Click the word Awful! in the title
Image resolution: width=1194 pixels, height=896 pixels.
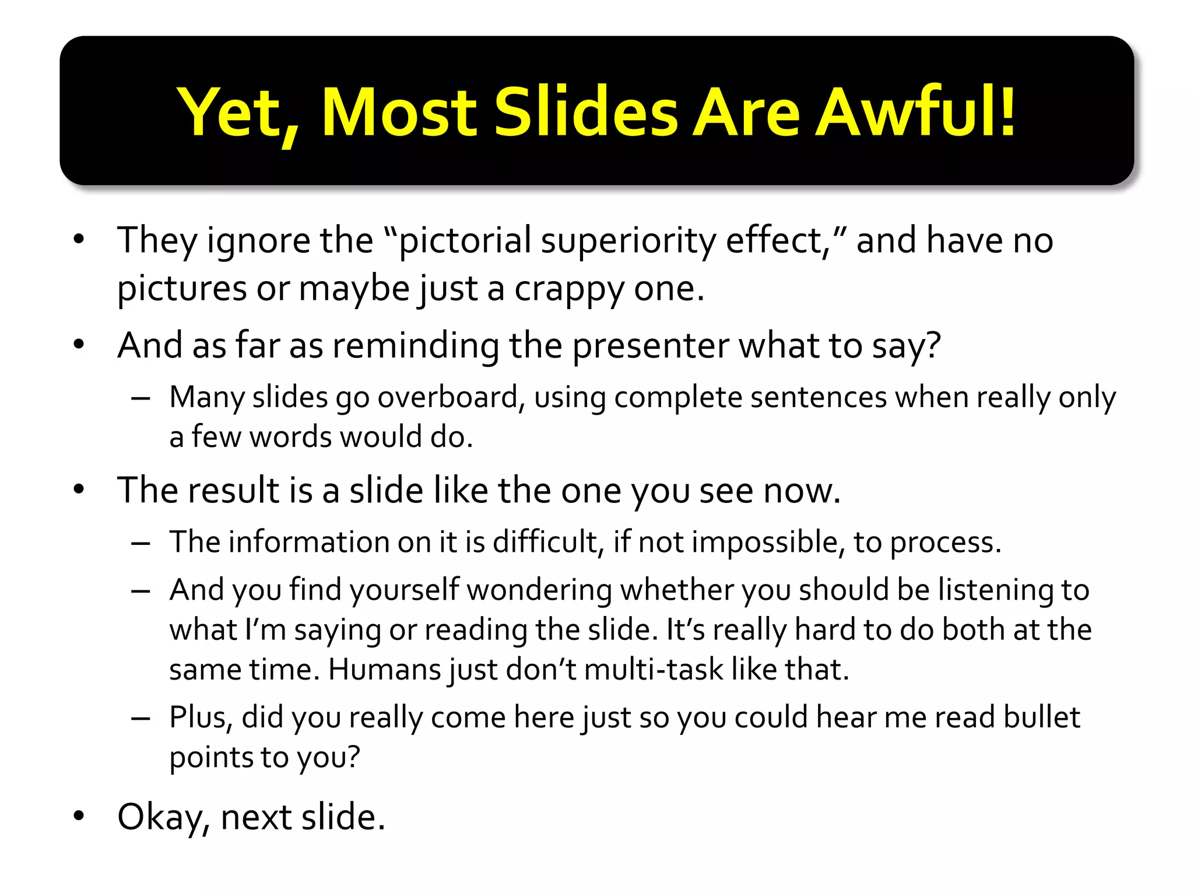pos(916,111)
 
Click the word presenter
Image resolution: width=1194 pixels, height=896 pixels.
pos(650,345)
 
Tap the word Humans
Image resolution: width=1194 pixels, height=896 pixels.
pos(385,670)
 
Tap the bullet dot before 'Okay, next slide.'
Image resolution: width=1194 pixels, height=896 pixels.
pos(79,817)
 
